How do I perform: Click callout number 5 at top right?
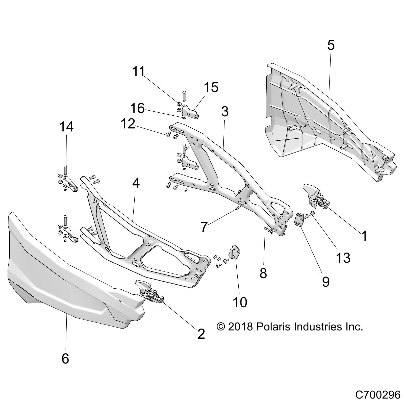pos(331,45)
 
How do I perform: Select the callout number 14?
pos(66,127)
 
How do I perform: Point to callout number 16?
pos(137,108)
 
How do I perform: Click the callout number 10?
pos(240,302)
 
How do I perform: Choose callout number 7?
pos(204,227)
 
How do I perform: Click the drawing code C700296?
pos(378,395)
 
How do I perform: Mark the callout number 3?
pos(224,111)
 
